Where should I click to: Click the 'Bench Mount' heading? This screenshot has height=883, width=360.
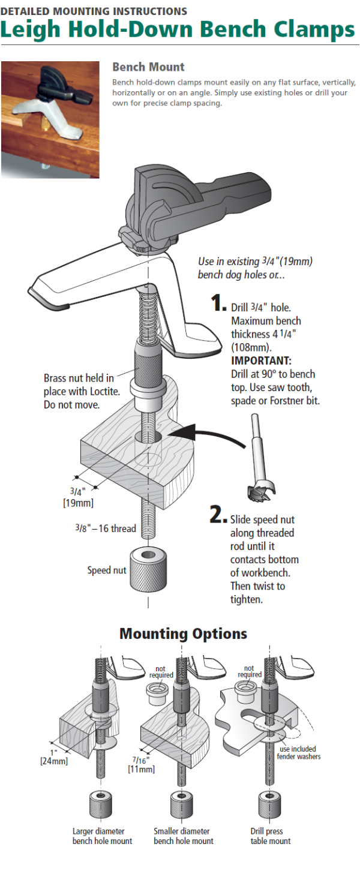pyautogui.click(x=148, y=67)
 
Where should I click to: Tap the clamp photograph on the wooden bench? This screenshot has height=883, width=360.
pyautogui.click(x=50, y=119)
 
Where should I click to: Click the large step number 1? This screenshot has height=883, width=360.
pyautogui.click(x=219, y=304)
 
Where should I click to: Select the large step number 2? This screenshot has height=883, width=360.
pyautogui.click(x=218, y=515)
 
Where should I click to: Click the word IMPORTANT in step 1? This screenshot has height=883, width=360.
pyautogui.click(x=261, y=361)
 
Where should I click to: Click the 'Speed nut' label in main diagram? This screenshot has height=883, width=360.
pyautogui.click(x=107, y=570)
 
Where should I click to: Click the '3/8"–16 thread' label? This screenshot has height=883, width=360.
pyautogui.click(x=106, y=528)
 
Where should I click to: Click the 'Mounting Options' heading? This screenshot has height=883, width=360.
pyautogui.click(x=183, y=633)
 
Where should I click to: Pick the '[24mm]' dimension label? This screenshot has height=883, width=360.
pyautogui.click(x=54, y=761)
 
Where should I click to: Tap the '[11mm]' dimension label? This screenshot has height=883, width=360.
pyautogui.click(x=142, y=769)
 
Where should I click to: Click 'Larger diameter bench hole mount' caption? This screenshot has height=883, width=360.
pyautogui.click(x=102, y=836)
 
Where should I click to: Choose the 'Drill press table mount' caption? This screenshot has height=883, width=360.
pyautogui.click(x=271, y=836)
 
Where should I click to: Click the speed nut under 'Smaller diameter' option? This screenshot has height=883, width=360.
pyautogui.click(x=181, y=804)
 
